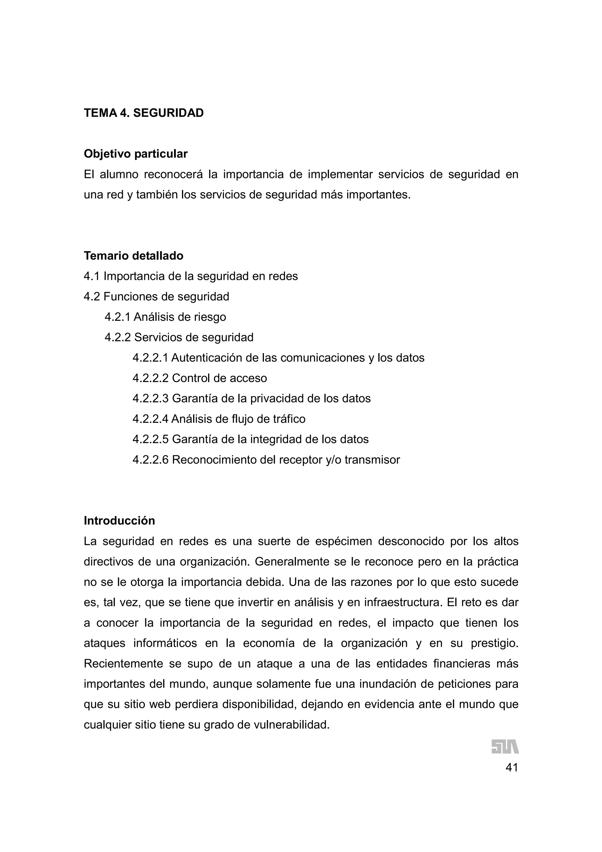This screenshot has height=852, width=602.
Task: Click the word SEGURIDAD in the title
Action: pos(168,113)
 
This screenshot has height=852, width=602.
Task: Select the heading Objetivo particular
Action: pos(136,154)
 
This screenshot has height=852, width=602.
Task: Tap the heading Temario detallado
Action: pos(133,256)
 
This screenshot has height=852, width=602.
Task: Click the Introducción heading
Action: pos(119,521)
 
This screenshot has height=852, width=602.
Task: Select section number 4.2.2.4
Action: pos(150,419)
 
